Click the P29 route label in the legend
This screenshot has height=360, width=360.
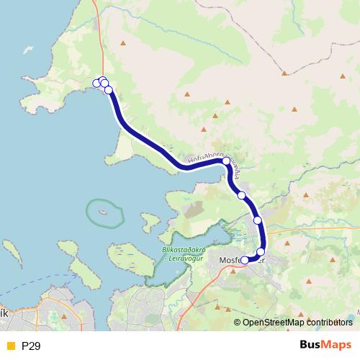click(x=31, y=346)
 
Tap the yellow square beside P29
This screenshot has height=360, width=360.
click(x=9, y=346)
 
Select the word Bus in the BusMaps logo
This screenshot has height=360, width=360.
click(x=311, y=346)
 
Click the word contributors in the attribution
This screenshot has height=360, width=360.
click(x=328, y=322)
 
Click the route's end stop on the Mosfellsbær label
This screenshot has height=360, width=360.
click(x=245, y=260)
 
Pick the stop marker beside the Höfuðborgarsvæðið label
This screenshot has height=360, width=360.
click(x=226, y=162)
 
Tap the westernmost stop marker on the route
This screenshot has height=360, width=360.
click(x=96, y=83)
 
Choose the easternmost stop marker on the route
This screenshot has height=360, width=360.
click(x=261, y=251)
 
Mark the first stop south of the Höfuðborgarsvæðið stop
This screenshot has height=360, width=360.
click(x=242, y=195)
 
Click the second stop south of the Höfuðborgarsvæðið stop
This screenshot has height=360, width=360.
click(x=257, y=220)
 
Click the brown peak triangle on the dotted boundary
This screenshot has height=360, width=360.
click(x=285, y=73)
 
